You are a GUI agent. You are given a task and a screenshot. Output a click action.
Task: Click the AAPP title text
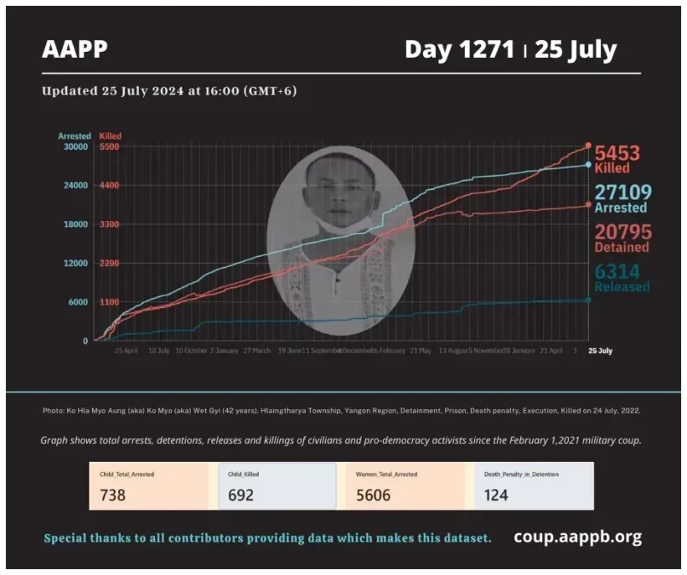pos(75,49)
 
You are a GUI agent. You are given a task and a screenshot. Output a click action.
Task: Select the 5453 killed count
pos(617,153)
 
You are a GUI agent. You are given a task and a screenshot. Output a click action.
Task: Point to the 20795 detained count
pos(622,232)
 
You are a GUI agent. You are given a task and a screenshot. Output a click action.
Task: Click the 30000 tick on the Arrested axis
pos(75,146)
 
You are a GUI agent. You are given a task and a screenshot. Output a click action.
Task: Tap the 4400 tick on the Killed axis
pos(109,185)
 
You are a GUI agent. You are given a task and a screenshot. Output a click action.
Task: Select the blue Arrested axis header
pos(74,136)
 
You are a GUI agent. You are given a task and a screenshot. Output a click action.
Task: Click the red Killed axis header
pos(110,136)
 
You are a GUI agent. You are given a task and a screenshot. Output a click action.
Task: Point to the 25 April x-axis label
pos(126,351)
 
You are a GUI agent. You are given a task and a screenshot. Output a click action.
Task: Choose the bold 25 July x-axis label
pos(600,351)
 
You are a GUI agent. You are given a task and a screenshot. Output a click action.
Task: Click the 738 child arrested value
pos(112,495)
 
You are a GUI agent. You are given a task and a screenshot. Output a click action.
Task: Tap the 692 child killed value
pos(240,495)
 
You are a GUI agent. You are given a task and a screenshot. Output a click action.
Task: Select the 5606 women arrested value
pos(373,495)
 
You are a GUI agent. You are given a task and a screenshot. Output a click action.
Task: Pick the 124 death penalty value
pos(496,495)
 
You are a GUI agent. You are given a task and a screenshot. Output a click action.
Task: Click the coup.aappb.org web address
pos(577,537)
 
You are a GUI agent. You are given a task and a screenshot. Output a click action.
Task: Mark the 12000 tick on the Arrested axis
pos(75,263)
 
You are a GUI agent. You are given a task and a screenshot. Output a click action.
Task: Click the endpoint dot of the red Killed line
pos(588,146)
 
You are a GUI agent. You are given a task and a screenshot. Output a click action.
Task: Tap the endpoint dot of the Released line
pos(588,300)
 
